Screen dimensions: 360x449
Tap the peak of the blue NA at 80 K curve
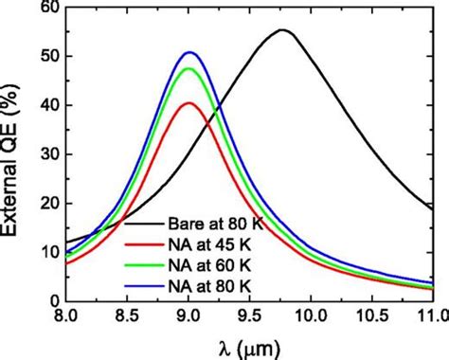point(190,52)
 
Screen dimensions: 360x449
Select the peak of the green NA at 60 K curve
point(190,68)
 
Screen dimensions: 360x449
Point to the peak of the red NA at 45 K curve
point(189,102)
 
